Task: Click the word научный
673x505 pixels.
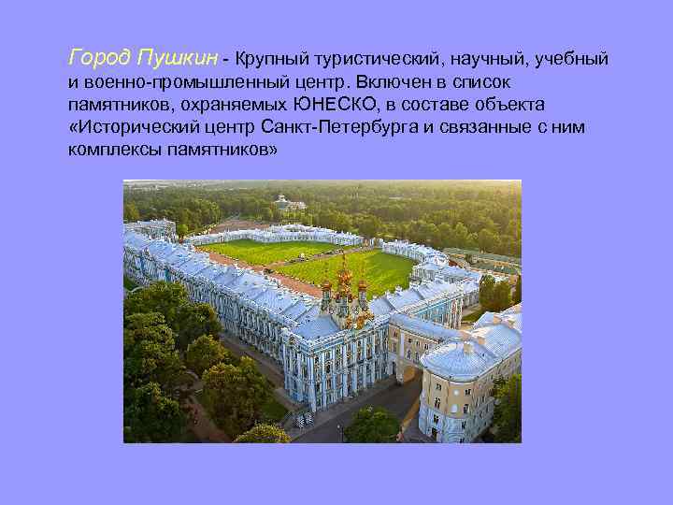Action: [492, 60]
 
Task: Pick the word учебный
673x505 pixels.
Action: [572, 60]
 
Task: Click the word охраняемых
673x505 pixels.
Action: [238, 104]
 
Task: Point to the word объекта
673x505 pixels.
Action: [509, 104]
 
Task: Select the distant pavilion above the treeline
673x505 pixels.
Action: [288, 201]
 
